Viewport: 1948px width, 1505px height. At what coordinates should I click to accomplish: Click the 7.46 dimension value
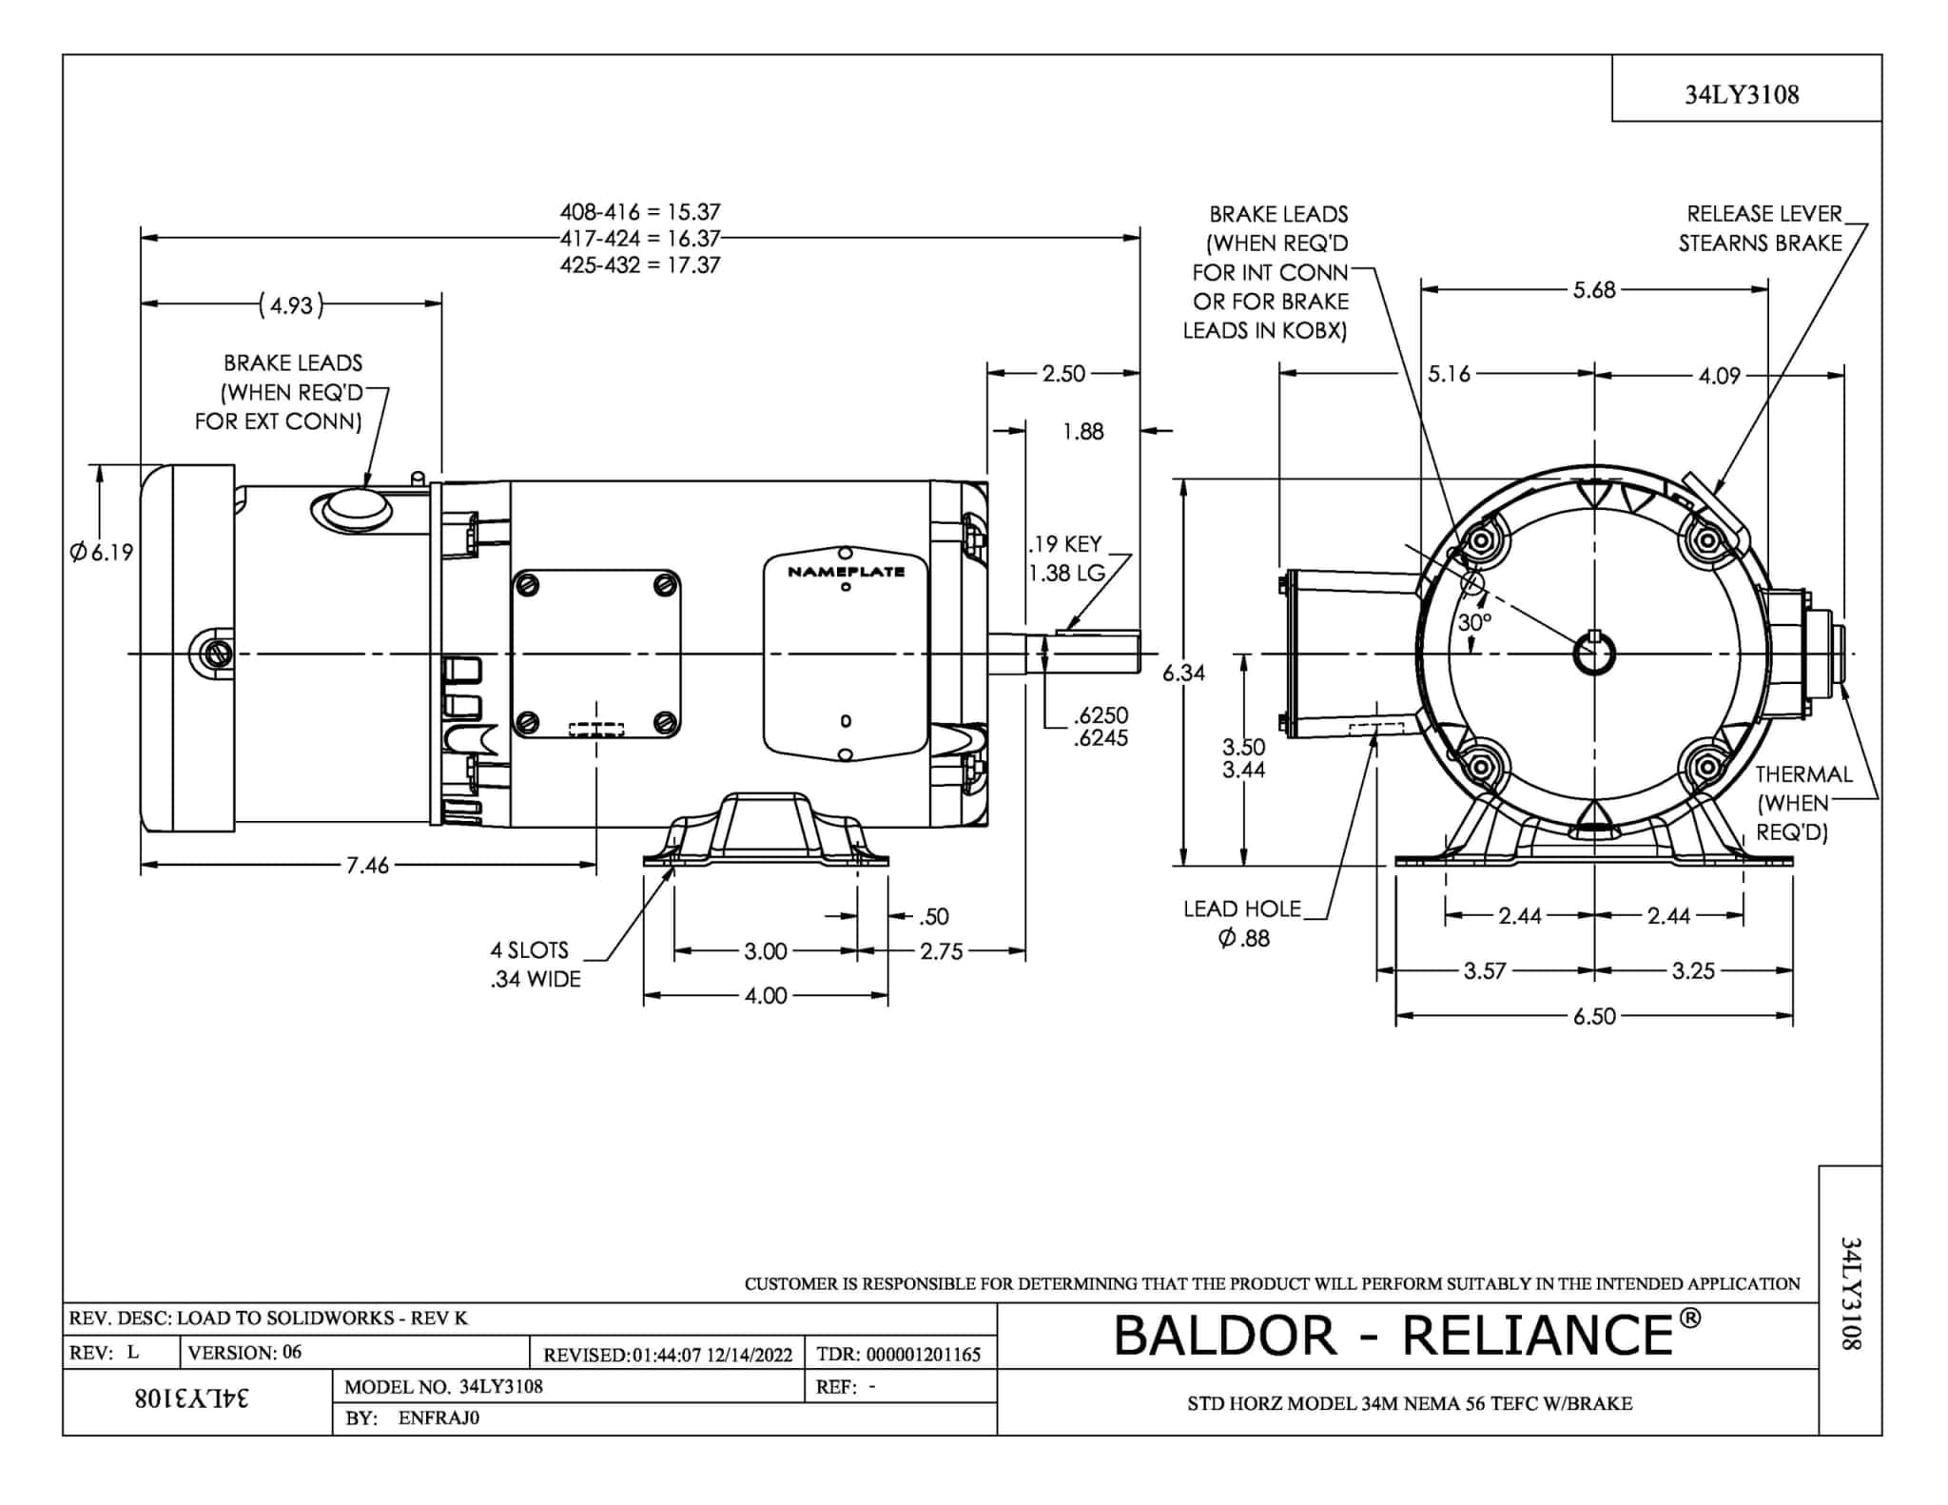point(367,865)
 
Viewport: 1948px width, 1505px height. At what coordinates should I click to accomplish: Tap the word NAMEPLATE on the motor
point(846,572)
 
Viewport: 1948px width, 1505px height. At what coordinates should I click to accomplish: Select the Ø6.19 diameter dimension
point(102,552)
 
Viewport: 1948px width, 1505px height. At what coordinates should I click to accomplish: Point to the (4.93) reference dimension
point(291,305)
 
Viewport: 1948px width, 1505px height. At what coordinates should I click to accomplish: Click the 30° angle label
point(1474,622)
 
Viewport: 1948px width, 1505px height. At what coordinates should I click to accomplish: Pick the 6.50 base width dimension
point(1594,1016)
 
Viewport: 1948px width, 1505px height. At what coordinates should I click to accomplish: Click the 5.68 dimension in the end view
point(1594,289)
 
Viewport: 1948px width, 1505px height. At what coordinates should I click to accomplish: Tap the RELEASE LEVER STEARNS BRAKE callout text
point(1761,228)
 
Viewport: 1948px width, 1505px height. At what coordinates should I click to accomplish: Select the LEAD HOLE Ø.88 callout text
point(1242,923)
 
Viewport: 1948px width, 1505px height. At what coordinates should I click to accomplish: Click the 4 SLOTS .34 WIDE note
point(535,964)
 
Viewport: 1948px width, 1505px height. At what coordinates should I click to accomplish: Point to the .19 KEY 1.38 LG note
point(1066,558)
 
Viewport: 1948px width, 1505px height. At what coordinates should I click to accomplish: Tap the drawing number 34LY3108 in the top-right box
point(1742,94)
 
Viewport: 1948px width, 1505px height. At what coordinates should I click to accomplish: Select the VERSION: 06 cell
point(244,1352)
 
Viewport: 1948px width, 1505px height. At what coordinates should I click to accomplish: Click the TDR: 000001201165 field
point(898,1354)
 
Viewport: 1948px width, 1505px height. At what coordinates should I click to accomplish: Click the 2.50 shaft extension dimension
point(1062,374)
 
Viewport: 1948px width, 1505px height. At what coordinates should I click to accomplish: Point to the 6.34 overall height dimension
point(1183,673)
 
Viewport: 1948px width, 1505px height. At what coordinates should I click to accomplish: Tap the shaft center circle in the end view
point(1594,654)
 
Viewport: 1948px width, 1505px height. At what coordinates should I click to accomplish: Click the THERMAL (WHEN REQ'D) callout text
point(1803,803)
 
